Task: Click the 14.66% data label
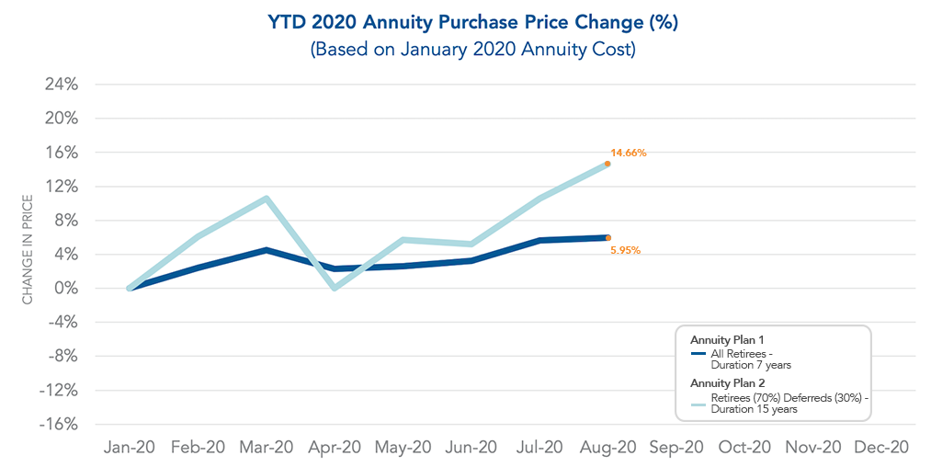point(629,153)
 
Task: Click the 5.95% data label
point(625,250)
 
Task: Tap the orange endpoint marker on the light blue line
point(607,164)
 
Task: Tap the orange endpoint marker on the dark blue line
point(607,237)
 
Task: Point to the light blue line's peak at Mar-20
point(266,199)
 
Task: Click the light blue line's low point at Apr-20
point(335,288)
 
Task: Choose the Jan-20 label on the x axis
point(130,448)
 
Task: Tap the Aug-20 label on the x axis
point(607,448)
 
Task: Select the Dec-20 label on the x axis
point(881,448)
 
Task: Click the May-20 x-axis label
point(403,448)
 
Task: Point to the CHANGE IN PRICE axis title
point(28,249)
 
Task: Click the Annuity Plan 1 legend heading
point(727,340)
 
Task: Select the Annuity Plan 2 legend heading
point(727,382)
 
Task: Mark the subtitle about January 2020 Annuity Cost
point(472,50)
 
